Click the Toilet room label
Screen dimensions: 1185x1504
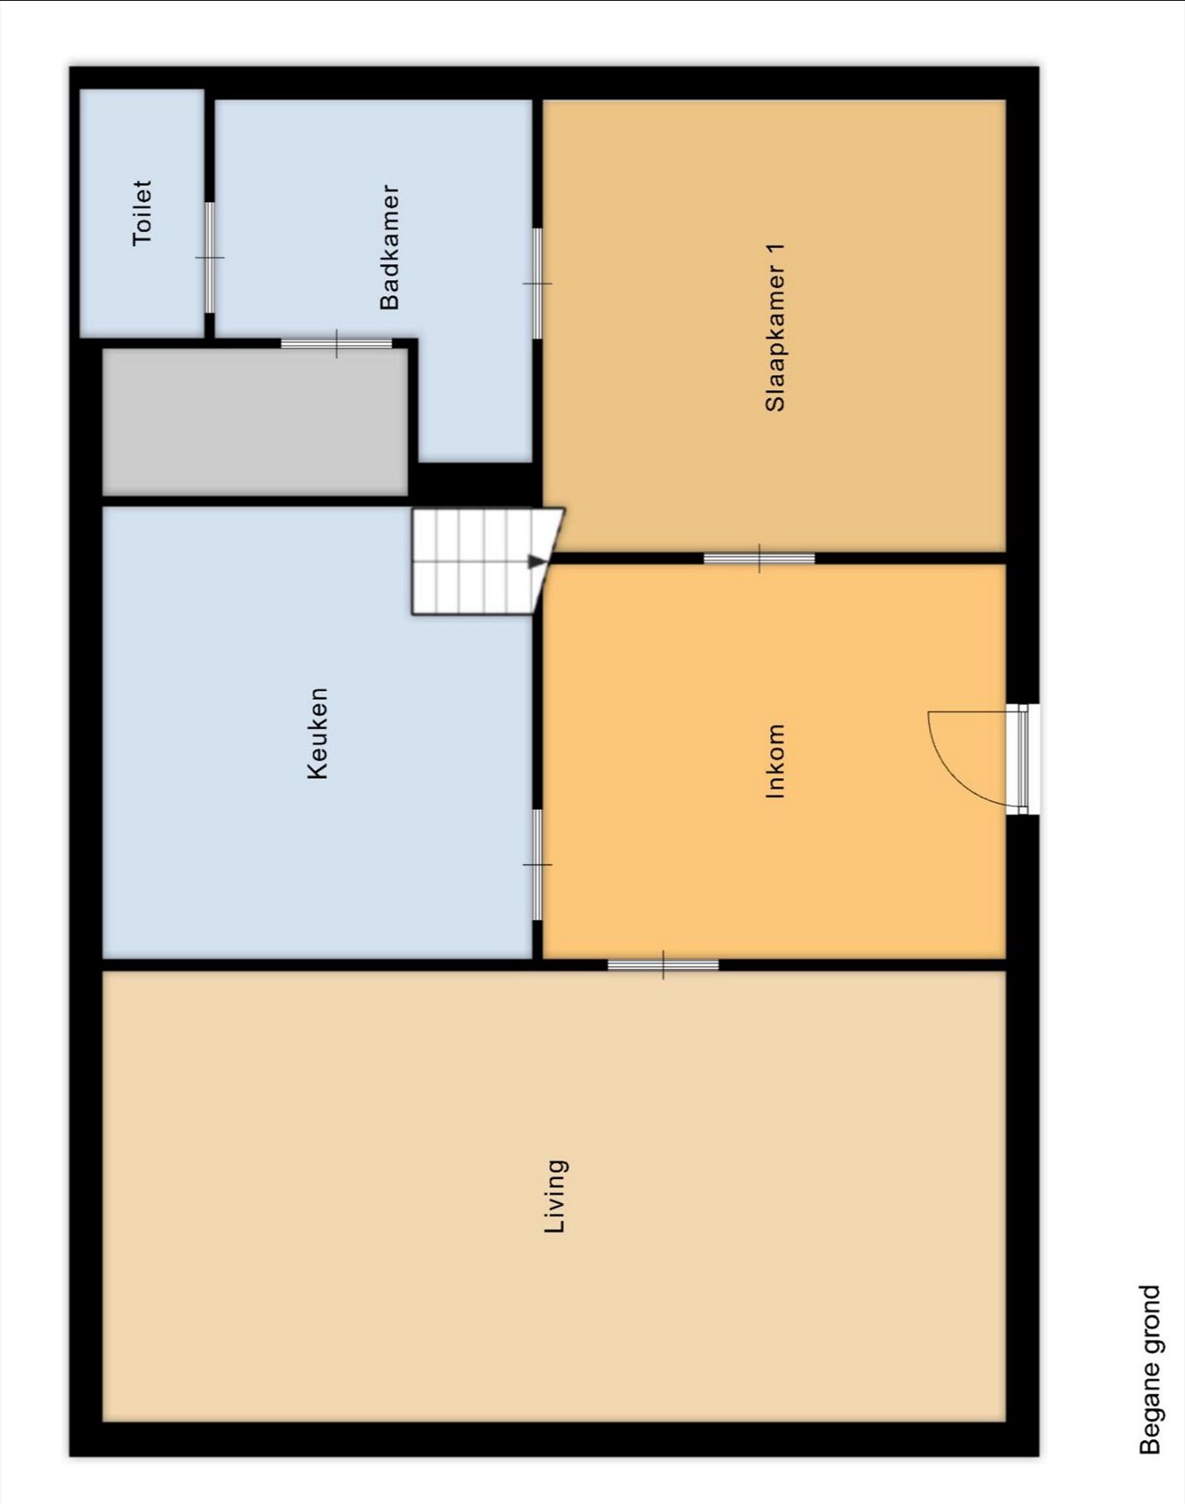point(142,213)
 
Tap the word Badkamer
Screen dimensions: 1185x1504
point(389,247)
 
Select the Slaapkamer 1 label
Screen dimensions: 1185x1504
point(775,327)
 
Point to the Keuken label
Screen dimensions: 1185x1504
point(318,733)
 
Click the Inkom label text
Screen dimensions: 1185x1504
point(774,761)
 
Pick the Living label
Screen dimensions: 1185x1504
point(555,1196)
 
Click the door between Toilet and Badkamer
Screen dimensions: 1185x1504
point(210,258)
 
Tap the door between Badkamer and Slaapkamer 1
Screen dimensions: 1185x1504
point(537,284)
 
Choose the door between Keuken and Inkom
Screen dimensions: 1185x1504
point(537,865)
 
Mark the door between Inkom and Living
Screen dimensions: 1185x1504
point(663,964)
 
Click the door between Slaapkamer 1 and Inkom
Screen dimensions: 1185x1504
point(759,559)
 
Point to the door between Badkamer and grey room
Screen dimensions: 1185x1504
point(336,343)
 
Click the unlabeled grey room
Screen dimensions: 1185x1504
point(254,422)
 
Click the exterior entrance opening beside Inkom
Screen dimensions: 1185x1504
point(1024,759)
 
